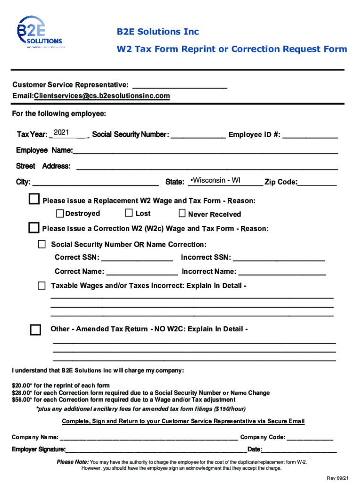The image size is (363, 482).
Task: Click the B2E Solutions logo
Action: coord(40,32)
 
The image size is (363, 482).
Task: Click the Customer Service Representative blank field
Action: coord(180,85)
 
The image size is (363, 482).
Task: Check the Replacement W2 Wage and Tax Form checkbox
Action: coord(34,200)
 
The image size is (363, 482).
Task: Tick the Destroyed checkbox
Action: coord(60,214)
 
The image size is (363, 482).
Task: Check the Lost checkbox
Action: coord(129,213)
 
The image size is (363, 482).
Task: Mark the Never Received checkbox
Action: coord(182,214)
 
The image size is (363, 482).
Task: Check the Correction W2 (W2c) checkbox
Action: coord(34,228)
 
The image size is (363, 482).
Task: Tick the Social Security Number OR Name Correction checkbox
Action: coord(42,244)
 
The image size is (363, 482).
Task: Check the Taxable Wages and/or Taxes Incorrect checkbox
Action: coord(42,286)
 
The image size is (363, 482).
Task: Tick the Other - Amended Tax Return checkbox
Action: coord(35,329)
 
